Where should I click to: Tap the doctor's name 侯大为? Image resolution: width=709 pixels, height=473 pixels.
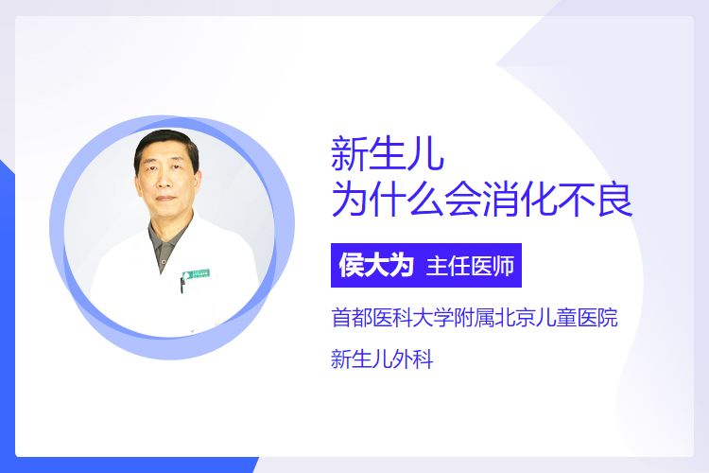[376, 265]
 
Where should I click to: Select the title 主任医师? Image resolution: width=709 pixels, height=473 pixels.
[470, 266]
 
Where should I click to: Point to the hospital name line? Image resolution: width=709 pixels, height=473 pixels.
[475, 317]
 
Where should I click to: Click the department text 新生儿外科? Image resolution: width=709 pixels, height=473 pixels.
[382, 359]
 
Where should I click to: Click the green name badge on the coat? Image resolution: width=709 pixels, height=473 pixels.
[197, 273]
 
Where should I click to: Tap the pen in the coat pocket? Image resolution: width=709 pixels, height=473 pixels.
[182, 285]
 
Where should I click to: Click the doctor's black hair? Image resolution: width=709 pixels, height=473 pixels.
[166, 146]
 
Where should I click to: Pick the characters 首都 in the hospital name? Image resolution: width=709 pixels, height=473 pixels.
[352, 317]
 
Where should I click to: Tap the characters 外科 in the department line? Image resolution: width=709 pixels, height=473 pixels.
[413, 359]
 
